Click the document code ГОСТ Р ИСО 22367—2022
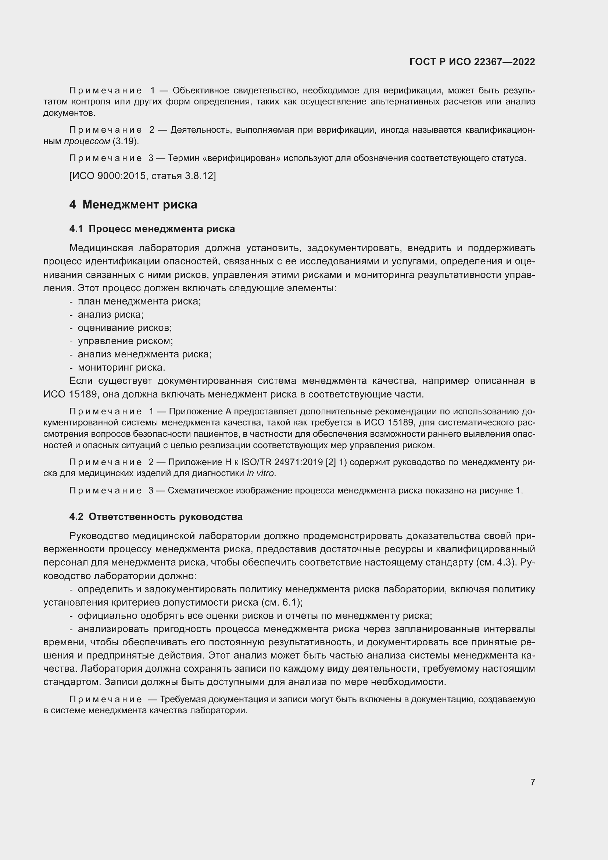pyautogui.click(x=472, y=62)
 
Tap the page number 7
pyautogui.click(x=532, y=782)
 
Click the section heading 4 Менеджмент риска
pyautogui.click(x=133, y=204)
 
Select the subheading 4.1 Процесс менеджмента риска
pyautogui.click(x=152, y=229)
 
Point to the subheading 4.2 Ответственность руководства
pyautogui.click(x=156, y=517)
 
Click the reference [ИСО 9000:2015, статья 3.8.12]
pyautogui.click(x=143, y=176)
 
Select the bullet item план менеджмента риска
pyautogui.click(x=139, y=301)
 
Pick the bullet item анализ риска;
pyautogui.click(x=110, y=314)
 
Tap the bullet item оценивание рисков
pyautogui.click(x=125, y=328)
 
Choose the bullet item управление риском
pyautogui.click(x=125, y=341)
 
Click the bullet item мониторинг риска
pyautogui.click(x=121, y=367)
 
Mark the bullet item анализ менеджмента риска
pyautogui.click(x=144, y=354)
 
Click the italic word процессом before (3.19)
pyautogui.click(x=87, y=142)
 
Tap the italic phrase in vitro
pyautogui.click(x=261, y=474)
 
